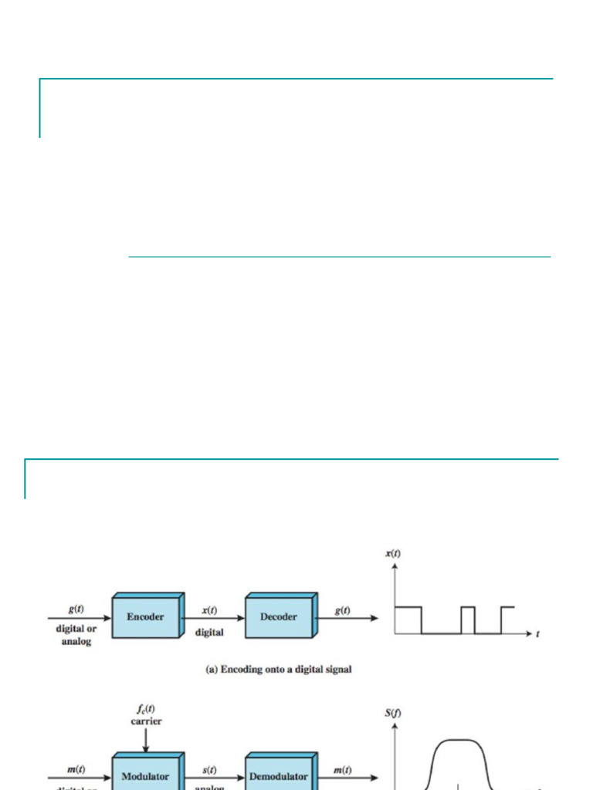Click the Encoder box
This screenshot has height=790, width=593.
(x=145, y=617)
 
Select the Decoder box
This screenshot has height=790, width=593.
(x=279, y=617)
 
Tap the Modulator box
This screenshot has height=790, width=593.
(x=145, y=775)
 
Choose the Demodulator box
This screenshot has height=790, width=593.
(x=279, y=775)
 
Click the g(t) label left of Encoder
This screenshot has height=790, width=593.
(x=76, y=609)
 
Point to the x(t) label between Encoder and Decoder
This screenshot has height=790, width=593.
(x=209, y=609)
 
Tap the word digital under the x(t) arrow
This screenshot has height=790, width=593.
(x=209, y=633)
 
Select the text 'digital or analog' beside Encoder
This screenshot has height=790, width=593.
(x=76, y=635)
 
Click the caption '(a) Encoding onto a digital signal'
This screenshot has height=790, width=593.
(x=279, y=670)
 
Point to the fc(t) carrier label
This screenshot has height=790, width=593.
(x=146, y=715)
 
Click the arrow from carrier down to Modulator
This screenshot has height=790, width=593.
(x=146, y=738)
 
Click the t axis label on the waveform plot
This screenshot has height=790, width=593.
(x=538, y=634)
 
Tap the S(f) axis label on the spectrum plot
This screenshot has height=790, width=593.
(x=393, y=713)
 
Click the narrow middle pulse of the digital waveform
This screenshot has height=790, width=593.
(x=468, y=620)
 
